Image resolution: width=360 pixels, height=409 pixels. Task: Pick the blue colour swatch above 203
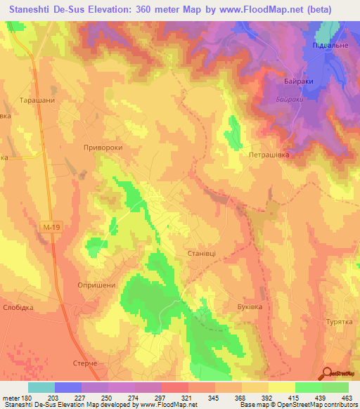pos(68,387)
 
